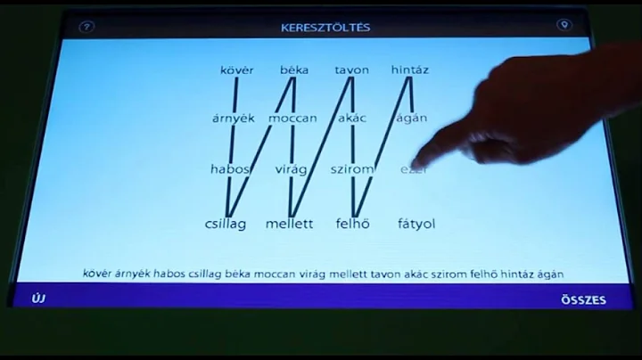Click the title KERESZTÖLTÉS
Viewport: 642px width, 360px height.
point(325,28)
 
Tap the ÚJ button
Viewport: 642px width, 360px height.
point(38,299)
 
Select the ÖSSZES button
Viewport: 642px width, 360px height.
point(584,300)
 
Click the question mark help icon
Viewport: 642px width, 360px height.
point(86,27)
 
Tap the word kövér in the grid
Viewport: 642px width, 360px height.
point(236,70)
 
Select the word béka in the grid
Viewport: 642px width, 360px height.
point(293,70)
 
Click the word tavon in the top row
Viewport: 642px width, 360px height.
point(351,70)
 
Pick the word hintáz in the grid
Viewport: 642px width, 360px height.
point(410,70)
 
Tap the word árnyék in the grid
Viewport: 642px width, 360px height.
point(234,118)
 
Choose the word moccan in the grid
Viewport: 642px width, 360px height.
point(292,118)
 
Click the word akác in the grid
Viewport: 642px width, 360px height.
point(352,118)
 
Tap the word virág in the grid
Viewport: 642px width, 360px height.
point(292,169)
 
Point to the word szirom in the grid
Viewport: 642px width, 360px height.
point(351,169)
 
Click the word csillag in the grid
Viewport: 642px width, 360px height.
point(225,224)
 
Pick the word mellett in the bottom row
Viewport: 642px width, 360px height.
point(290,224)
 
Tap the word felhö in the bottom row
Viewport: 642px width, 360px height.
point(354,224)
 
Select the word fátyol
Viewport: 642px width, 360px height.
point(416,224)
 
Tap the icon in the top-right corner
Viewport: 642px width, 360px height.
point(563,26)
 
